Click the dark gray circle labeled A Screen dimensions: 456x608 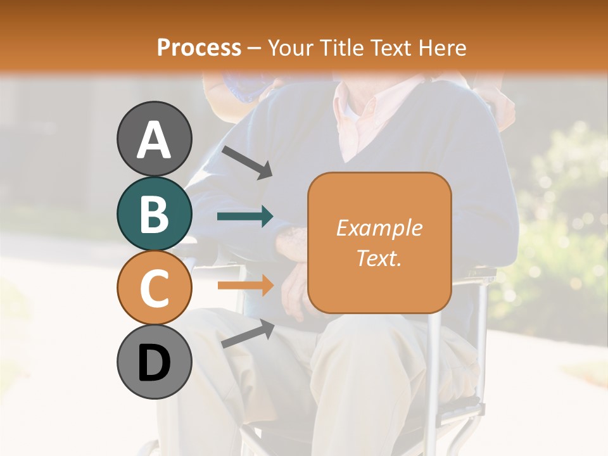pyautogui.click(x=155, y=139)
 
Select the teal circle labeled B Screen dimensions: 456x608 pyautogui.click(x=155, y=213)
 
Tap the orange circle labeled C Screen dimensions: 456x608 pyautogui.click(x=155, y=288)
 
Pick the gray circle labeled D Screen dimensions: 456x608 pyautogui.click(x=155, y=362)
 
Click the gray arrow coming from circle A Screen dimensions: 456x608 pyautogui.click(x=247, y=162)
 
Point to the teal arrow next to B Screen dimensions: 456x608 pyautogui.click(x=245, y=217)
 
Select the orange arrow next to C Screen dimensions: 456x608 pyautogui.click(x=245, y=285)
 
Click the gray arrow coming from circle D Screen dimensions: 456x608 pyautogui.click(x=248, y=334)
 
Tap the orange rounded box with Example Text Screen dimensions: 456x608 pyautogui.click(x=379, y=243)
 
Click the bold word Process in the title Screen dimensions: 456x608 pyautogui.click(x=199, y=47)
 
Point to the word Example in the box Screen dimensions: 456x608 pyautogui.click(x=379, y=228)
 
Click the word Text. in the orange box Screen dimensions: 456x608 pyautogui.click(x=379, y=258)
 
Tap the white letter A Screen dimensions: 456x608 pyautogui.click(x=155, y=139)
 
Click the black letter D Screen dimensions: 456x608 pyautogui.click(x=155, y=364)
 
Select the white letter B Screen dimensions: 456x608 pyautogui.click(x=155, y=214)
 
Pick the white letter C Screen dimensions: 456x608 pyautogui.click(x=155, y=288)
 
